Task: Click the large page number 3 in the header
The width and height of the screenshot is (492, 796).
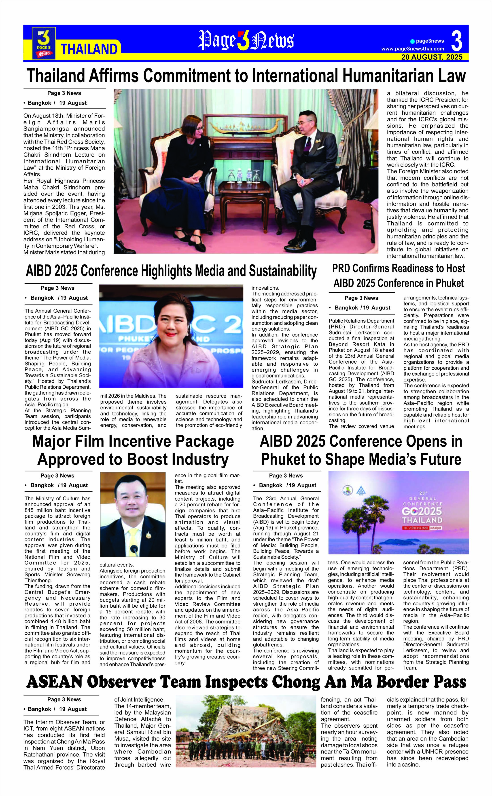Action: (x=457, y=41)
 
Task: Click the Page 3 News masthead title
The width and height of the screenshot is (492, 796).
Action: (x=246, y=41)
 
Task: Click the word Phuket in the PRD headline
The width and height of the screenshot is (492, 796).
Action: (x=448, y=283)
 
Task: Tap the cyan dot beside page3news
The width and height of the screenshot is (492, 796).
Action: (x=412, y=41)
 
